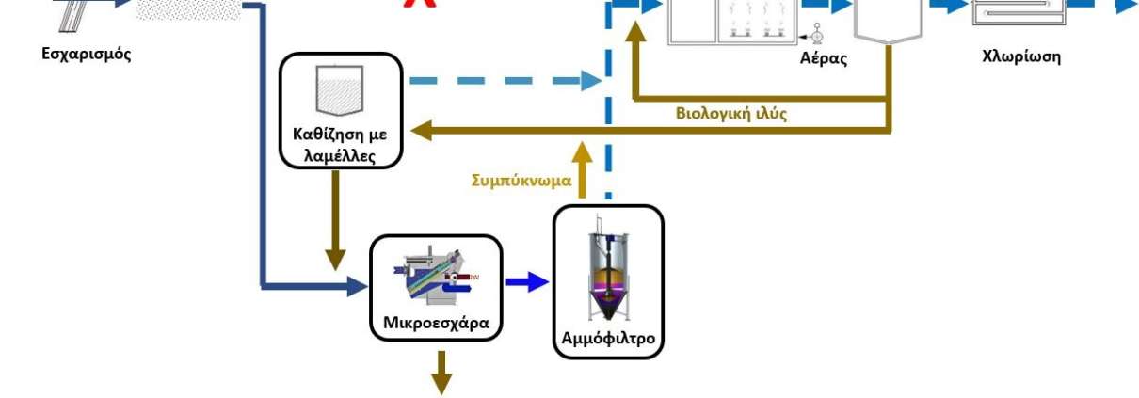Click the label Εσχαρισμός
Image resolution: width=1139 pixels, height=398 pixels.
[87, 54]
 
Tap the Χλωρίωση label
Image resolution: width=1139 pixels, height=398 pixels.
[1021, 56]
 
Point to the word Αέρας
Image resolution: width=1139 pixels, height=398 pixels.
[824, 58]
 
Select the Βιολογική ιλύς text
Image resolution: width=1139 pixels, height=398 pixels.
[731, 113]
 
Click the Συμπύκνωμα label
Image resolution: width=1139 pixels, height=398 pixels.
[521, 181]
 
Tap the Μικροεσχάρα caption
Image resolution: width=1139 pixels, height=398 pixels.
[436, 323]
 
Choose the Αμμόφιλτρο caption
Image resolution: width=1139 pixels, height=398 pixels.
[608, 338]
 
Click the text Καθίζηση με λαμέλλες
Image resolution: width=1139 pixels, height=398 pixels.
[340, 145]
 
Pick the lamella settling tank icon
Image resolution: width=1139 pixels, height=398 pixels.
[340, 90]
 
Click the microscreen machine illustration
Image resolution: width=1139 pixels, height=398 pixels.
[435, 276]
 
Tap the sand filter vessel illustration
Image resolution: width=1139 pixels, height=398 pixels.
[608, 269]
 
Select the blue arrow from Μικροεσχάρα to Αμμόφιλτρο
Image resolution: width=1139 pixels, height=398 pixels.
[527, 281]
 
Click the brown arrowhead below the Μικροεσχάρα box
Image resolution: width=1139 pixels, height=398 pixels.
[441, 385]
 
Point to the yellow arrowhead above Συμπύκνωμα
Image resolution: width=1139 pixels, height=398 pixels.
[583, 152]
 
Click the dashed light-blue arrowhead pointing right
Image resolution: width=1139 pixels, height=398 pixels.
[592, 81]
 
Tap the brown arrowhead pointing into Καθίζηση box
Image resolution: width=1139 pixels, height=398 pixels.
[421, 131]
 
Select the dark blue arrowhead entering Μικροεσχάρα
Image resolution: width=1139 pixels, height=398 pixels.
[358, 287]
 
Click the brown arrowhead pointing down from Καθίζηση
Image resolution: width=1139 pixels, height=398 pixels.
[335, 261]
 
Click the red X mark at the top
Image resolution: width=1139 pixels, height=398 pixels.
[420, 4]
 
